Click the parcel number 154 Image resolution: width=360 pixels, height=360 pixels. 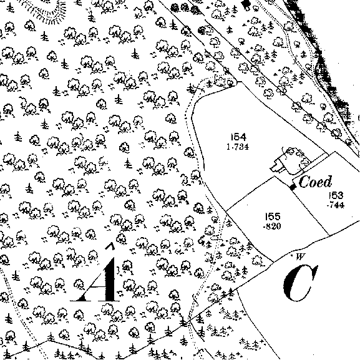(x=238, y=137)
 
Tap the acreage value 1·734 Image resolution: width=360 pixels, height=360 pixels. (x=238, y=147)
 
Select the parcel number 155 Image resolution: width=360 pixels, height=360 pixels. (x=273, y=216)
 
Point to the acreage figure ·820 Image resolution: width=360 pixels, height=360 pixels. (x=272, y=226)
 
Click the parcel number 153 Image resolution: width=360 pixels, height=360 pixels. (x=336, y=195)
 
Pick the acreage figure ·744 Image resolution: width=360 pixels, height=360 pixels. (x=336, y=205)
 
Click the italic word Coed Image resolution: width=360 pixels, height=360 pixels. (x=316, y=182)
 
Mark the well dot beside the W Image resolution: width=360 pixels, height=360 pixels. (x=291, y=255)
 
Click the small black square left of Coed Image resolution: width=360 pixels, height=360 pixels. (x=292, y=187)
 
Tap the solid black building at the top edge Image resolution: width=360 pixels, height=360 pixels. (x=246, y=4)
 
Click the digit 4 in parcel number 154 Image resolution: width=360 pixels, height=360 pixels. (x=243, y=137)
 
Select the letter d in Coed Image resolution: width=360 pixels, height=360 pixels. (x=328, y=182)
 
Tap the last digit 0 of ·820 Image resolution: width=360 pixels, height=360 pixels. (x=278, y=226)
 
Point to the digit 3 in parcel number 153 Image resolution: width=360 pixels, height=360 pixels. (x=341, y=195)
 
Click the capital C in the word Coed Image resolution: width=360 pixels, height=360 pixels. (x=303, y=182)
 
